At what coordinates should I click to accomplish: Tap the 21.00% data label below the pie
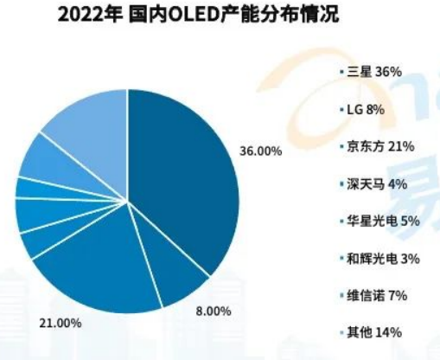(x=61, y=323)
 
